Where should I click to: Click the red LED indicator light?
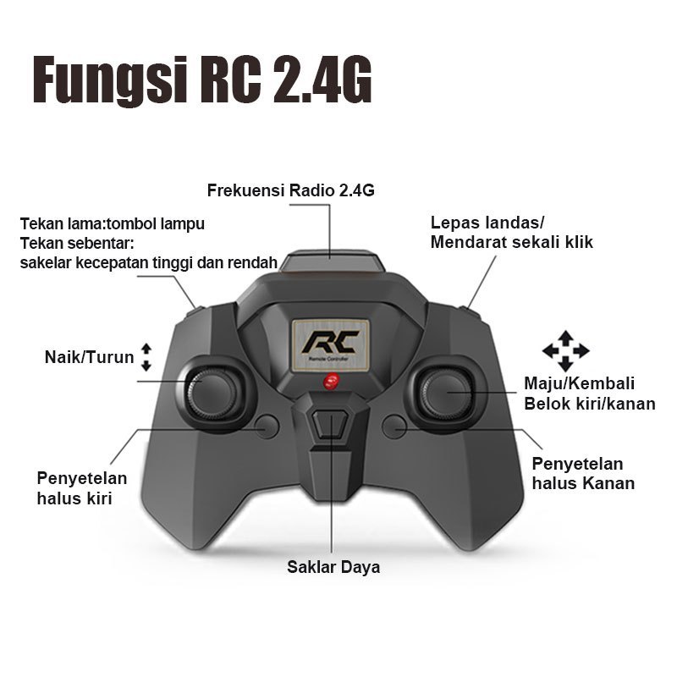click(x=331, y=382)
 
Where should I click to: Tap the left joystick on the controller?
click(x=212, y=394)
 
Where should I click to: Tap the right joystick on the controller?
click(x=447, y=394)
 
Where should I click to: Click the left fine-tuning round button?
click(x=267, y=427)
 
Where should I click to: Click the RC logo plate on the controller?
click(x=331, y=345)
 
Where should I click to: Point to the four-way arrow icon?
click(x=565, y=351)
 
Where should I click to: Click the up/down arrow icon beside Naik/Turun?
click(x=146, y=357)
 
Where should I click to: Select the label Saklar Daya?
click(x=333, y=567)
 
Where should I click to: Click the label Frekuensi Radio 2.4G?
click(x=290, y=190)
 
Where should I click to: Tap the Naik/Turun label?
click(x=90, y=357)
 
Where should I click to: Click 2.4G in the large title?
click(x=322, y=80)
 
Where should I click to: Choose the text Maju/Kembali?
click(x=580, y=383)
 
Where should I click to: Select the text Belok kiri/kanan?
click(x=590, y=404)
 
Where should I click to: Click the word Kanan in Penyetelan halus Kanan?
click(x=608, y=483)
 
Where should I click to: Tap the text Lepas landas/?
click(x=487, y=223)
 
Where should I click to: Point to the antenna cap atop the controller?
click(x=332, y=261)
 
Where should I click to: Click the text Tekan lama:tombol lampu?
click(x=113, y=224)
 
